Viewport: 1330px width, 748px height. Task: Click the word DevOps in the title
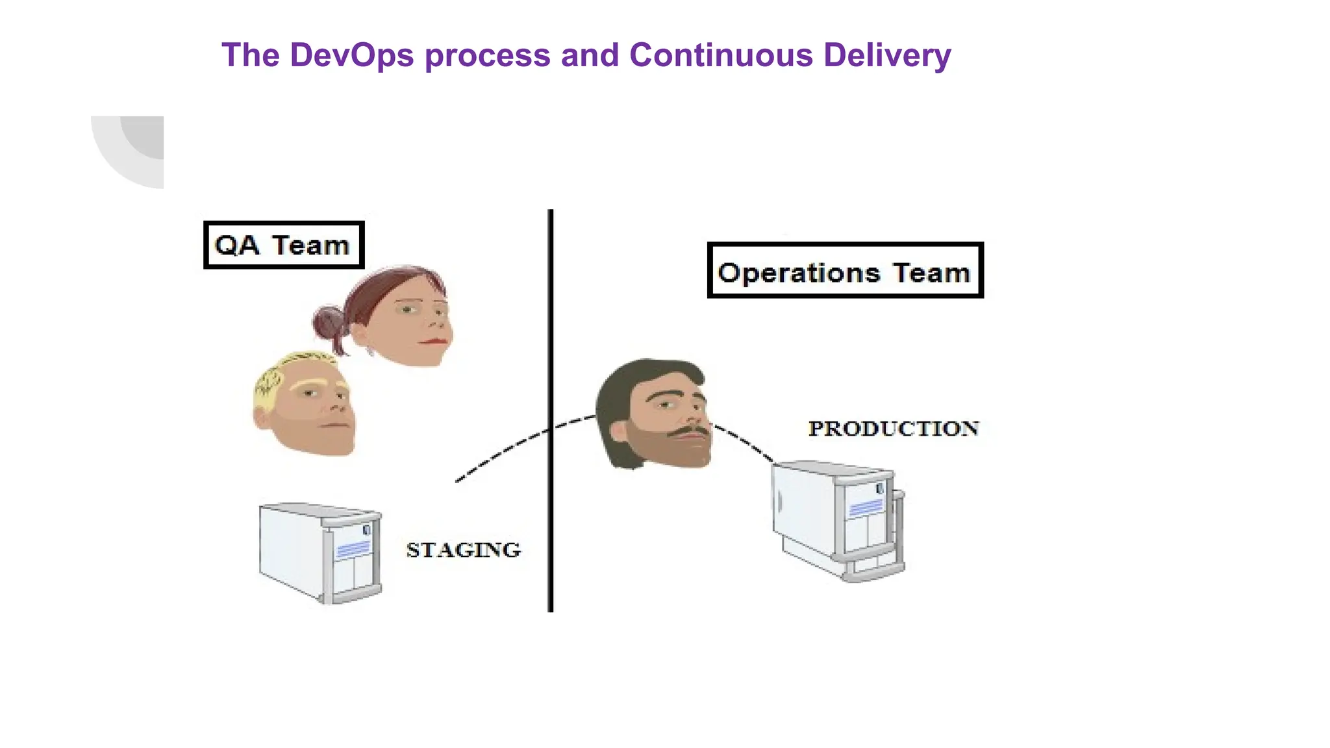click(351, 55)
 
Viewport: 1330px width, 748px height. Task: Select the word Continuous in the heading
click(721, 55)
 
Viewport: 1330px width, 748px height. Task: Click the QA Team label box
click(284, 245)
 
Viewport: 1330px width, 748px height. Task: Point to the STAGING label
click(463, 550)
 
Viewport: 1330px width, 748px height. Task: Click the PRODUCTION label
click(893, 429)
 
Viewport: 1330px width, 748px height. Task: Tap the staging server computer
click(320, 553)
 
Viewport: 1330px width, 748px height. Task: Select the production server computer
click(838, 519)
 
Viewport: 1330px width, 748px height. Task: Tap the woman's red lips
click(434, 340)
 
